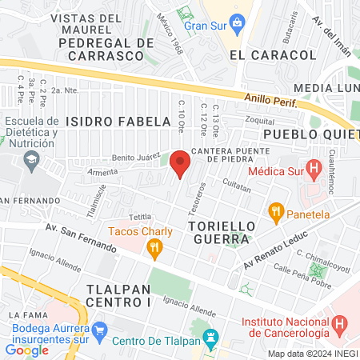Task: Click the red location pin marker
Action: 180,162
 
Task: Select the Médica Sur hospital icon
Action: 314,170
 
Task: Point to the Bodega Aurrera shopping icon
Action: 99,330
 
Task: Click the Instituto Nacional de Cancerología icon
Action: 341,325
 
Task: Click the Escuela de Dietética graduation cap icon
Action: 30,160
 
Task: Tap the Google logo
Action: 26,350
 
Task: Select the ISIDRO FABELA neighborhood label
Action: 118,122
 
